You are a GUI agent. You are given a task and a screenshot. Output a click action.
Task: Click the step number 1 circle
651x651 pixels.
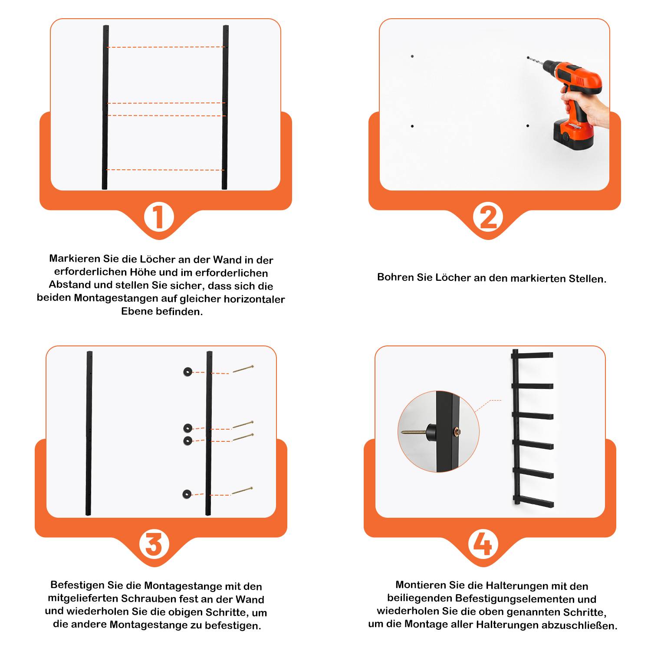[159, 217]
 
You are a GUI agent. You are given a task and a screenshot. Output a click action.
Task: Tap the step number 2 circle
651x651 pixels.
[488, 217]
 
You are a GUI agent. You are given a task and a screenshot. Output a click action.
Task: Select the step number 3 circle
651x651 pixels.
[154, 545]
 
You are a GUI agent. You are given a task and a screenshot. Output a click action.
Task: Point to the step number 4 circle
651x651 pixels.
[483, 545]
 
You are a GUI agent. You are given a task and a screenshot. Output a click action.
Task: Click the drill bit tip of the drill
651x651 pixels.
[528, 57]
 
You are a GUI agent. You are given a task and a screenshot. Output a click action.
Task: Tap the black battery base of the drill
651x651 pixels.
[573, 135]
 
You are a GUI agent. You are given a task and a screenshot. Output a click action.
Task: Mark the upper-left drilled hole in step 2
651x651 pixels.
[412, 56]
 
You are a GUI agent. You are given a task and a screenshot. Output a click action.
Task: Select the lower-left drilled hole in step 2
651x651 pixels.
[412, 126]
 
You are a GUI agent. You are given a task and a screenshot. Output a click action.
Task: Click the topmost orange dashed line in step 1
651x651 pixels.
[165, 47]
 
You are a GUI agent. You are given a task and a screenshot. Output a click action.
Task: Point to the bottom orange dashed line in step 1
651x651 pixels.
[165, 170]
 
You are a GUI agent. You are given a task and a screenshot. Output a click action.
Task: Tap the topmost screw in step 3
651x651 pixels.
[243, 369]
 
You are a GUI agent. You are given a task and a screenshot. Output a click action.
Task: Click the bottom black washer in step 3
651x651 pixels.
[187, 494]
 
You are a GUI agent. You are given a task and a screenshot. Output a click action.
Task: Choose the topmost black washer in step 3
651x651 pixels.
[187, 372]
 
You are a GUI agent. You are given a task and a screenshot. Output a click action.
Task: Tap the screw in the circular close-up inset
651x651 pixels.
[414, 432]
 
